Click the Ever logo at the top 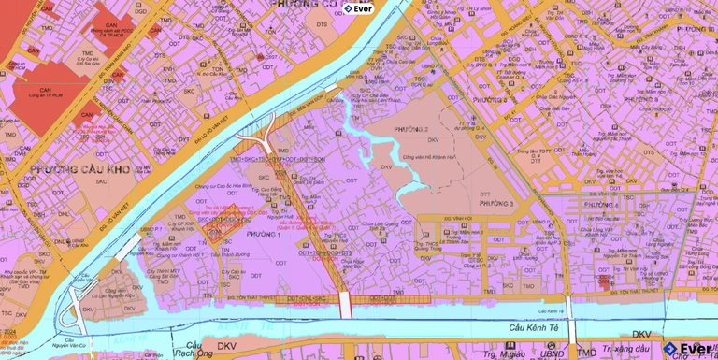(357, 8)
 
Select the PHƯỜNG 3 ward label (497, 203)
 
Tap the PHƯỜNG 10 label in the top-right (692, 30)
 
